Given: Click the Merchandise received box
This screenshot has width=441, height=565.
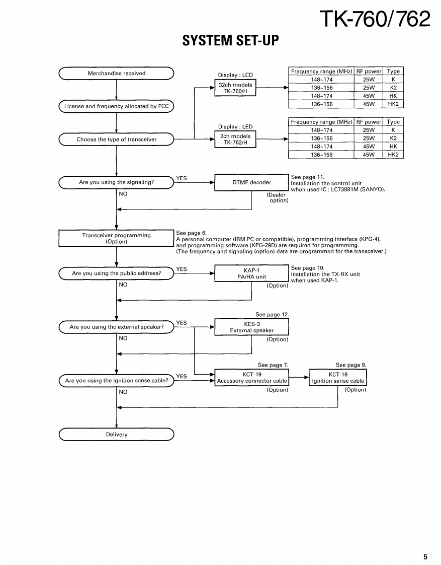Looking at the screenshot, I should point(116,74).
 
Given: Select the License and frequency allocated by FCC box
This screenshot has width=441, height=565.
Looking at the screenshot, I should point(116,106).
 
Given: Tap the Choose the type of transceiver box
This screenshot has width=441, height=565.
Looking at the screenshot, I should point(116,139).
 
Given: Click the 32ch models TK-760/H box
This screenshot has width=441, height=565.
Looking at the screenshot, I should point(235,88).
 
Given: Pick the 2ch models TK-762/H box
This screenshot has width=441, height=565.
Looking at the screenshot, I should point(235,139).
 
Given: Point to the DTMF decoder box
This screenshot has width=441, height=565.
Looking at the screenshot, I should point(251,182).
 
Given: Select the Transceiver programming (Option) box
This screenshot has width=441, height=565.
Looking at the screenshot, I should point(116,238).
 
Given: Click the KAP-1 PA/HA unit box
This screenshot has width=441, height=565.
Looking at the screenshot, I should point(251,273).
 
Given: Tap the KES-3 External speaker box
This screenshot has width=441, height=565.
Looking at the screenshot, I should point(251,327).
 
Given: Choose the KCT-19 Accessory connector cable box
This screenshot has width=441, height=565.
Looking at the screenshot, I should point(251,378).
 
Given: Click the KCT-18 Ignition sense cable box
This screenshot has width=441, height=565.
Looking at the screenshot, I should point(337,378).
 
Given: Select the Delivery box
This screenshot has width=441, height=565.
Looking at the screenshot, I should point(116,434).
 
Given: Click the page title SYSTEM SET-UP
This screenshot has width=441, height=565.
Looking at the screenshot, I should point(230,40).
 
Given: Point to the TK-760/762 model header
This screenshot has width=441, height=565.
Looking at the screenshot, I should point(375,19).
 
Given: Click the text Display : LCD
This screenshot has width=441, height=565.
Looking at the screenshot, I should point(235,75).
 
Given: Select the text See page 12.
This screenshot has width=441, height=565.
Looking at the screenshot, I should point(272,315).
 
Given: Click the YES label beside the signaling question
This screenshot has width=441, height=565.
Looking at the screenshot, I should point(182,178).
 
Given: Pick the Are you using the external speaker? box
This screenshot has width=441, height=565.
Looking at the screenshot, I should point(116,327).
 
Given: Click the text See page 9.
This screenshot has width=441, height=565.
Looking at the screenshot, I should point(351,365).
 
